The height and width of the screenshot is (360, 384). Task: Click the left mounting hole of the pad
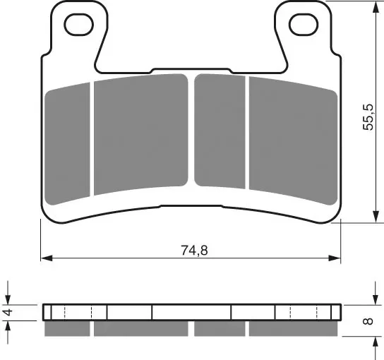[x=79, y=25]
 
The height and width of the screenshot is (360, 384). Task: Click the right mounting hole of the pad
[x=304, y=25]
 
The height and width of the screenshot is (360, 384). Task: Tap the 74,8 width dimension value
[x=194, y=251]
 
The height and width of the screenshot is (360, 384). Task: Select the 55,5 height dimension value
[x=368, y=117]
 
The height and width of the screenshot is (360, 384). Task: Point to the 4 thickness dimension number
[x=8, y=312]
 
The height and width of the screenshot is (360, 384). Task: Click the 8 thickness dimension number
[x=368, y=320]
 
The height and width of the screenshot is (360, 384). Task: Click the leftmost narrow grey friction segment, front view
[x=67, y=144]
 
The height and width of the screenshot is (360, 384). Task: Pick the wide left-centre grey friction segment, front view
[x=140, y=134]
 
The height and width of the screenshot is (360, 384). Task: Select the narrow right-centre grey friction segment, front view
[x=220, y=131]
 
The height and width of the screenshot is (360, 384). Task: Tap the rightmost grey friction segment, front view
[x=293, y=140]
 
